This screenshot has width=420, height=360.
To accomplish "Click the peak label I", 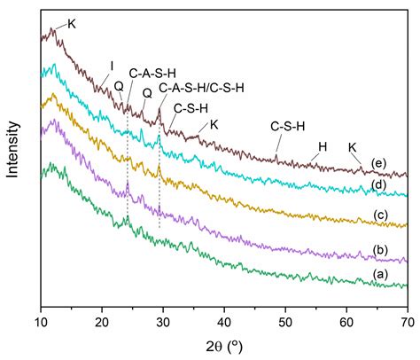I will (112, 65).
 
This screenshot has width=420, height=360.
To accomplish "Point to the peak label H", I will (323, 146).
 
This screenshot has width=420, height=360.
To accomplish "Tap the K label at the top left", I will (72, 24).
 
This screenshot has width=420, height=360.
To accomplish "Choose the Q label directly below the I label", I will (119, 86).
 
